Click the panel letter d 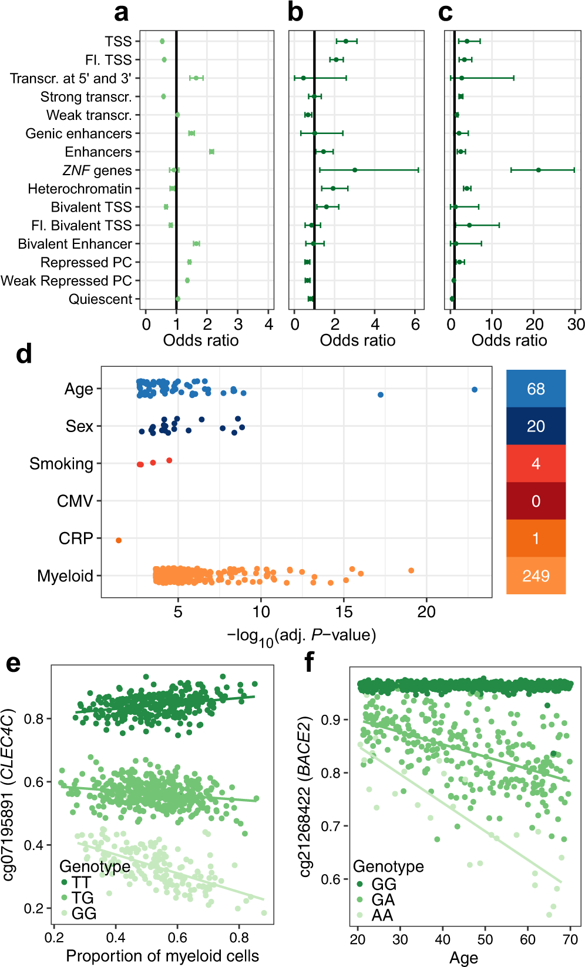coord(23,354)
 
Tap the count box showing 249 coord(536,576)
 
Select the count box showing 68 coord(536,389)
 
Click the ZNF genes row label coord(97,170)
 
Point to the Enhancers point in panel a coord(211,152)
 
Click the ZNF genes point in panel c coord(538,170)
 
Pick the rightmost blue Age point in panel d coord(475,390)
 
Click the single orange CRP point coord(119,540)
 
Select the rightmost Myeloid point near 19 coord(411,571)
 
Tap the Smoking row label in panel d coord(61,464)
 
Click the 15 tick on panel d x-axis coord(344,612)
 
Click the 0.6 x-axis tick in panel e coord(177,937)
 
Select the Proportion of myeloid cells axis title coord(162,956)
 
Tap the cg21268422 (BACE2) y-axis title coord(305,797)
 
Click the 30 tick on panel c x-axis coord(576,324)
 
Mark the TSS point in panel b coord(346,41)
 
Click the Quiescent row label coord(100,299)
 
